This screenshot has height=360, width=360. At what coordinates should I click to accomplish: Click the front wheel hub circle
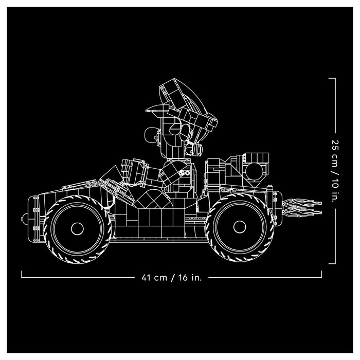tap(77, 229)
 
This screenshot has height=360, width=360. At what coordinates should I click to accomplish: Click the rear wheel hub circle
tap(240, 227)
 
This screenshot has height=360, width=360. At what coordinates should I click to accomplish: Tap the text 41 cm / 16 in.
tap(171, 278)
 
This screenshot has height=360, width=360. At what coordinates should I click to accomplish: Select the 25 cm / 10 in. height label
tap(335, 171)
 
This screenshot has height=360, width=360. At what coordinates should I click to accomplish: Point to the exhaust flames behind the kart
tap(302, 207)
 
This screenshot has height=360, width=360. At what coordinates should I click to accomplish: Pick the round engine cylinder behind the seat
tap(255, 171)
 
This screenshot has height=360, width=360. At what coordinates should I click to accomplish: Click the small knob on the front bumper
tap(25, 217)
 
